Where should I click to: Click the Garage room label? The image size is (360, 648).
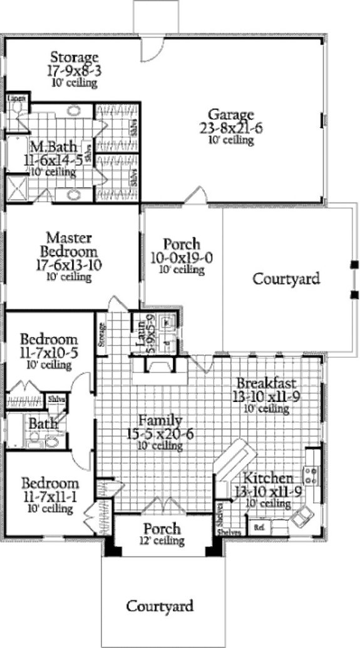(231, 115)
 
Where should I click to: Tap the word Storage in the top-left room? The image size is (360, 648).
(75, 58)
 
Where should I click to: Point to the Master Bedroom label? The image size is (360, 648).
(69, 244)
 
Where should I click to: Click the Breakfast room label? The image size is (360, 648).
(266, 383)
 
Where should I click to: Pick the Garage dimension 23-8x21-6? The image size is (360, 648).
(231, 128)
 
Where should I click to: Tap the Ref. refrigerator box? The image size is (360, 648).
(259, 528)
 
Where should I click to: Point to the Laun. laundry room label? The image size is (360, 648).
(143, 330)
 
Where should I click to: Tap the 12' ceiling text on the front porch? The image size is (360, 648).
(162, 540)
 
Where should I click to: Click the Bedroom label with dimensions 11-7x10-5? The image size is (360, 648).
(49, 340)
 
